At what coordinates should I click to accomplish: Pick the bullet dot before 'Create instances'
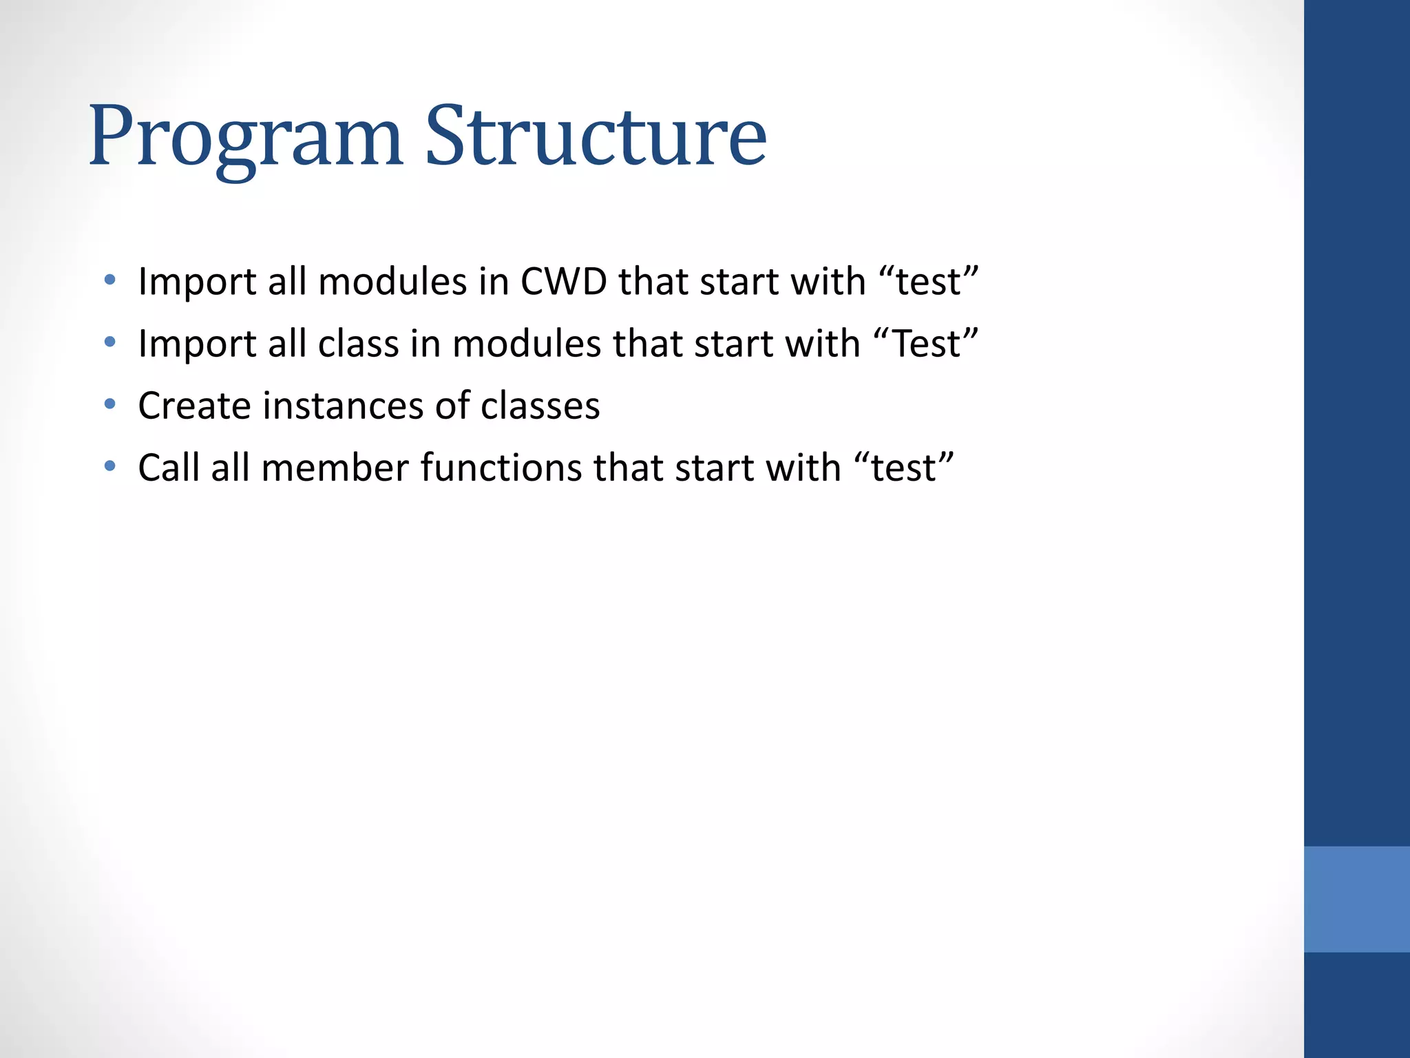(x=109, y=404)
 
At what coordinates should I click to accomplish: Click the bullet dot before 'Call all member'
(x=109, y=466)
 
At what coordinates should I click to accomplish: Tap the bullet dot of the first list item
(x=109, y=280)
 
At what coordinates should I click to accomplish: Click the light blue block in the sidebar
(x=1356, y=899)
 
